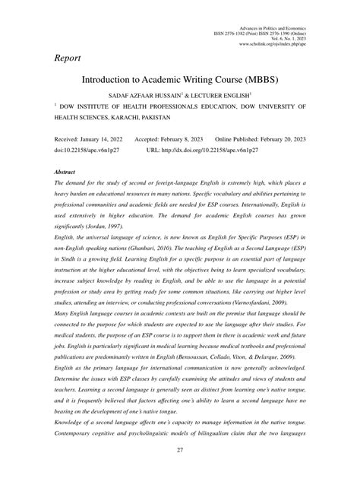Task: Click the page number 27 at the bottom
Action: (180, 471)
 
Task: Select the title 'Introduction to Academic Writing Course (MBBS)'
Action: (180, 81)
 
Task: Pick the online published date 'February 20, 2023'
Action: (279, 141)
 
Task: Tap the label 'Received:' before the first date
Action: (67, 141)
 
